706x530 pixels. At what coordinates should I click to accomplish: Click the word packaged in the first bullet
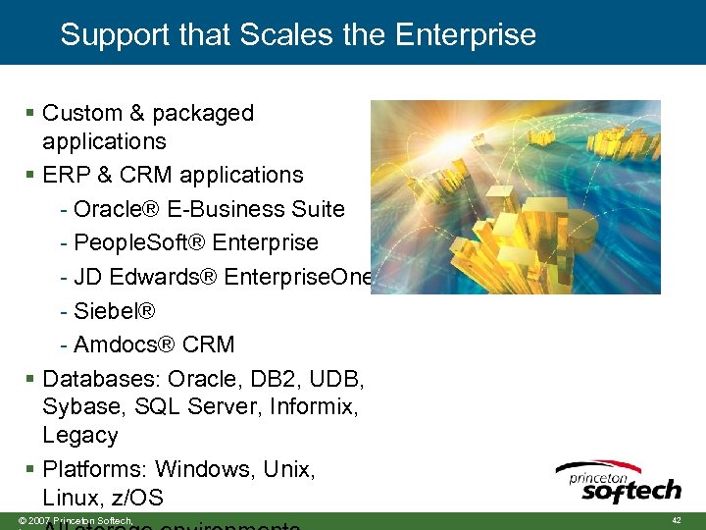coord(206,114)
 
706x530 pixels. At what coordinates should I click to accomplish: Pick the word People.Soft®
coord(136,242)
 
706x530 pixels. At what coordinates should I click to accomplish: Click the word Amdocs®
coord(125,344)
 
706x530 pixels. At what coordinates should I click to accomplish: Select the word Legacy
coord(80,435)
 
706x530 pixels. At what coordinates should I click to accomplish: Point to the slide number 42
coord(676,519)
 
